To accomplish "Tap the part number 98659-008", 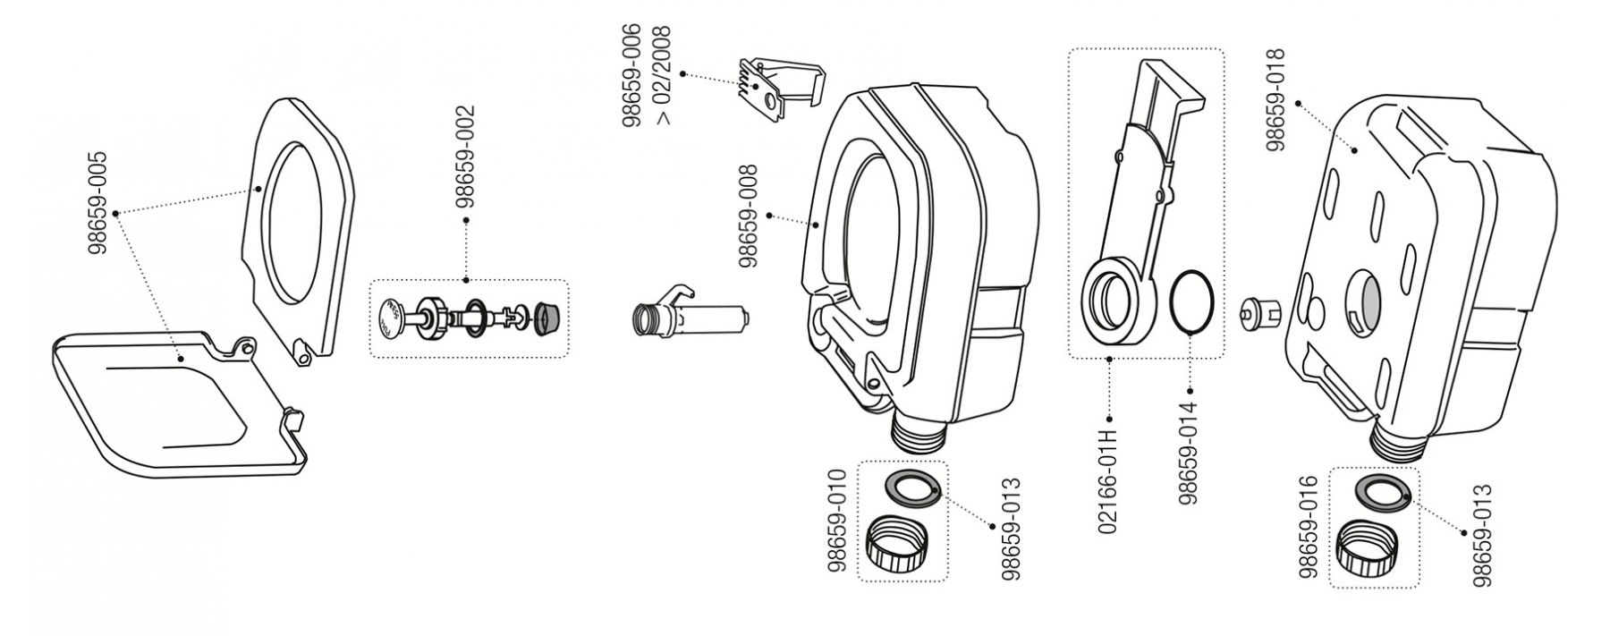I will [749, 216].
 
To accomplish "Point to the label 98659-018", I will [1275, 99].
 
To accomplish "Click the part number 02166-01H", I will [1108, 481].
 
